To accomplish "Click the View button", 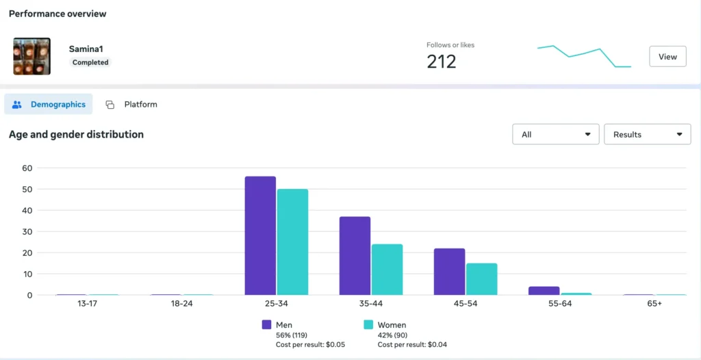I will pyautogui.click(x=667, y=57).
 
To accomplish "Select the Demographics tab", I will pyautogui.click(x=49, y=105).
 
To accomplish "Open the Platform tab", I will pyautogui.click(x=131, y=105).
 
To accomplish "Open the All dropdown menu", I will pyautogui.click(x=555, y=134).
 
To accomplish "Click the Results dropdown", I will pyautogui.click(x=647, y=134).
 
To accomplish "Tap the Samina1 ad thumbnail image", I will pyautogui.click(x=31, y=56).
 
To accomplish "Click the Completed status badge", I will pyautogui.click(x=90, y=62).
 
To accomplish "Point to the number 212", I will pyautogui.click(x=441, y=62).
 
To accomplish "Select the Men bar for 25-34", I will pyautogui.click(x=260, y=236).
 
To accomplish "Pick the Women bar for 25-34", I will pyautogui.click(x=292, y=242).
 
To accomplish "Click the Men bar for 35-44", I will pyautogui.click(x=355, y=256).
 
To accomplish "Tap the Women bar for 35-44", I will pyautogui.click(x=387, y=270).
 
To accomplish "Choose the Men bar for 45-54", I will pyautogui.click(x=449, y=272).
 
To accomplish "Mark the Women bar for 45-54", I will pyautogui.click(x=481, y=279).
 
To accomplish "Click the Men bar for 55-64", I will pyautogui.click(x=544, y=291).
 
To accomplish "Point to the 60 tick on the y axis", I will pyautogui.click(x=27, y=168).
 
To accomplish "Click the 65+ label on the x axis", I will pyautogui.click(x=654, y=303).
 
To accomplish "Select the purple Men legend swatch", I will pyautogui.click(x=267, y=325).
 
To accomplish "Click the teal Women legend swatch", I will pyautogui.click(x=368, y=325).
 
